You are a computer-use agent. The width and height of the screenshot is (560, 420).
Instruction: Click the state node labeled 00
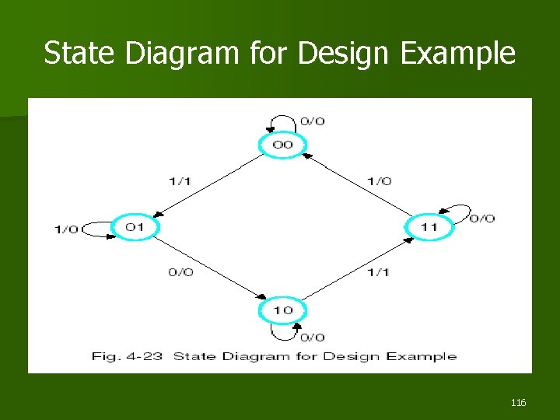pyautogui.click(x=282, y=145)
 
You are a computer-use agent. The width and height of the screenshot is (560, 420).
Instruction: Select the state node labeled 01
pyautogui.click(x=135, y=227)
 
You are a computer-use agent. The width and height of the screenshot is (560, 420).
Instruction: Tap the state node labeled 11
pyautogui.click(x=429, y=227)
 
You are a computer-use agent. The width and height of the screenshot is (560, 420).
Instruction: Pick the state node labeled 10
pyautogui.click(x=282, y=310)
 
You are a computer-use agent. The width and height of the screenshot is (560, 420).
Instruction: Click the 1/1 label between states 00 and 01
pyautogui.click(x=180, y=181)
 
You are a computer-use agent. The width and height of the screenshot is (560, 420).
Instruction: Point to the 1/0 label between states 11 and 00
pyautogui.click(x=379, y=181)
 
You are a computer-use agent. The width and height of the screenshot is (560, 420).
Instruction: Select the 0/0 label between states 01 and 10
pyautogui.click(x=180, y=272)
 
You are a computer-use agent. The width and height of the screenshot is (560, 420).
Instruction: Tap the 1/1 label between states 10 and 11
pyautogui.click(x=377, y=272)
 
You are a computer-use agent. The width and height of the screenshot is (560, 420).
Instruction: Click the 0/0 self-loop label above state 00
pyautogui.click(x=313, y=121)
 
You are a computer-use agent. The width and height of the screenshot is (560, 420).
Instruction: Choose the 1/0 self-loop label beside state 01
pyautogui.click(x=66, y=229)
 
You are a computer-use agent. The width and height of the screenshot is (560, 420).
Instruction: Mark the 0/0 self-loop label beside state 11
pyautogui.click(x=482, y=219)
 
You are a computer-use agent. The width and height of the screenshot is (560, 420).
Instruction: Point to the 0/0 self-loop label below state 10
pyautogui.click(x=313, y=337)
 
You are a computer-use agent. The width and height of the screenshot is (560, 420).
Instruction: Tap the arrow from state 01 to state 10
pyautogui.click(x=210, y=269)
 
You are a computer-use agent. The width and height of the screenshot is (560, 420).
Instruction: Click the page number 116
pyautogui.click(x=519, y=402)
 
